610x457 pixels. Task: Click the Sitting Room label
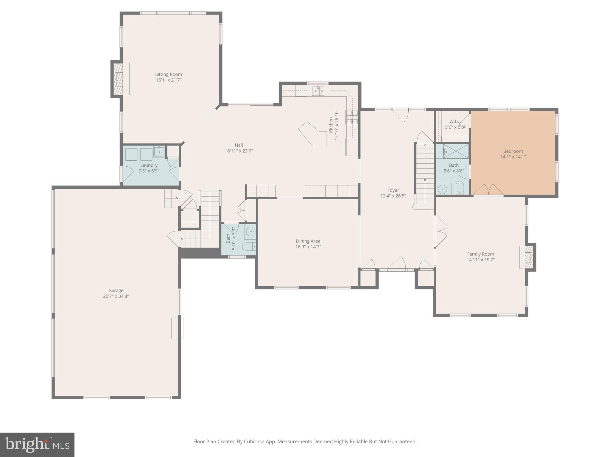pos(168,74)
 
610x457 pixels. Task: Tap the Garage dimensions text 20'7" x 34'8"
pos(116,296)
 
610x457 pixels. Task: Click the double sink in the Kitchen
pos(318,91)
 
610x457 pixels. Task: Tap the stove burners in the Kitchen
pos(351,117)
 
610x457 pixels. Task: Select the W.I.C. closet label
pos(455,121)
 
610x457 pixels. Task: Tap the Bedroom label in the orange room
pos(513,151)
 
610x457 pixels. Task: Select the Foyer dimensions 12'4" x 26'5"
pos(393,196)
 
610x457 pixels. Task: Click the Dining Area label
pos(308,241)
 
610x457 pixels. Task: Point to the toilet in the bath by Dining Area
pos(248,246)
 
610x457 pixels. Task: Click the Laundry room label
pos(149,165)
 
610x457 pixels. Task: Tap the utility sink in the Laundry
pos(159,151)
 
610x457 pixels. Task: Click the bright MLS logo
pos(37,445)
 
